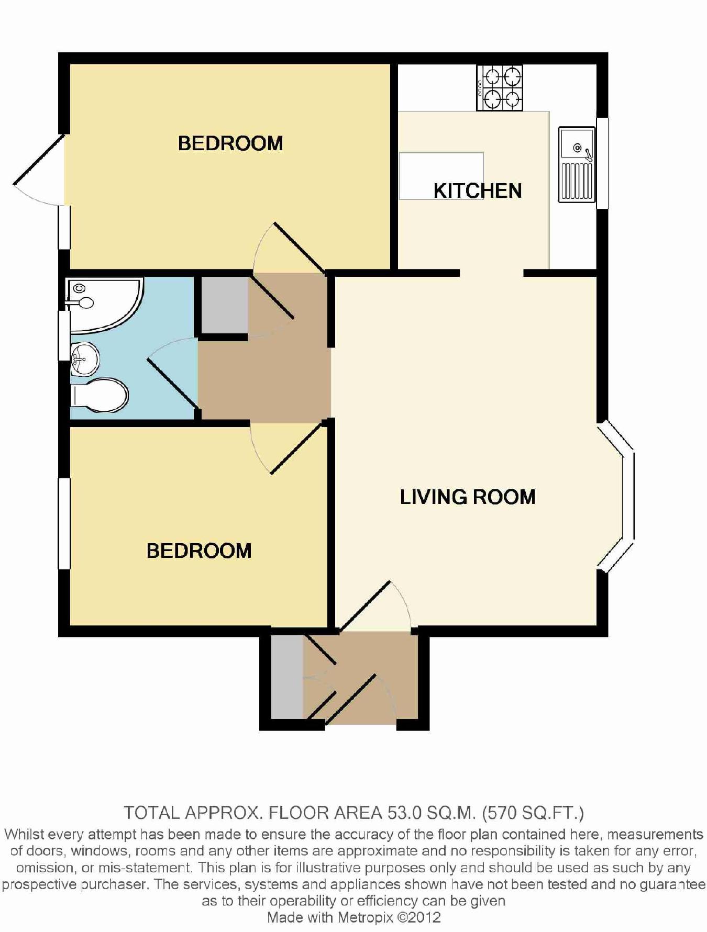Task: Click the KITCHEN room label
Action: tap(478, 190)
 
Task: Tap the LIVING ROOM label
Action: tap(468, 497)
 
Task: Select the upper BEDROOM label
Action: tap(230, 143)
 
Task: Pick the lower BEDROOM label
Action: tap(199, 551)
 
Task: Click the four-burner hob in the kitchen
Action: tap(500, 88)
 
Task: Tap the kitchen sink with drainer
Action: tap(577, 164)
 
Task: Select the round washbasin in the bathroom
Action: tap(84, 359)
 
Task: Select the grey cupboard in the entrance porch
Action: tap(287, 677)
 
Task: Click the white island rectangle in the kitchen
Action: tap(441, 176)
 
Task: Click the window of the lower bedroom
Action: tap(64, 523)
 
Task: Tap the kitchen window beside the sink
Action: tap(602, 163)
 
